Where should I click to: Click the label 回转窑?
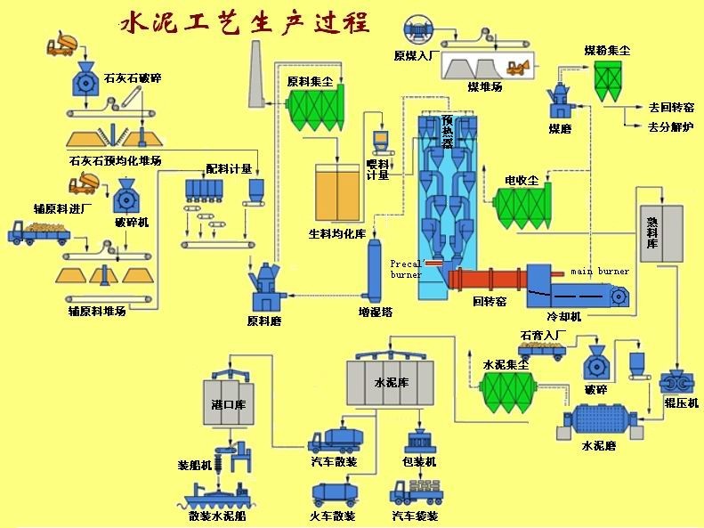click(x=490, y=302)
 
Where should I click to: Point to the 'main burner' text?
click(x=600, y=271)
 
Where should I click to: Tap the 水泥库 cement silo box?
click(x=391, y=383)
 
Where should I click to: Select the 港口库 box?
click(x=228, y=403)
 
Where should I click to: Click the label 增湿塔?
click(x=375, y=313)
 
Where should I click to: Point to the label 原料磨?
click(x=264, y=321)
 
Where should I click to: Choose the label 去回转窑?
click(x=671, y=107)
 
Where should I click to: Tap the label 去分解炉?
click(x=671, y=127)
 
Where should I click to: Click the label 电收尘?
click(x=522, y=181)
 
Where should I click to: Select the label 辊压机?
click(x=682, y=402)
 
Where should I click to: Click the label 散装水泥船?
click(x=217, y=516)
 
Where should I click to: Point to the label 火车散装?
click(x=334, y=516)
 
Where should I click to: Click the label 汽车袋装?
click(x=414, y=516)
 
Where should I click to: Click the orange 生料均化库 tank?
click(x=340, y=193)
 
